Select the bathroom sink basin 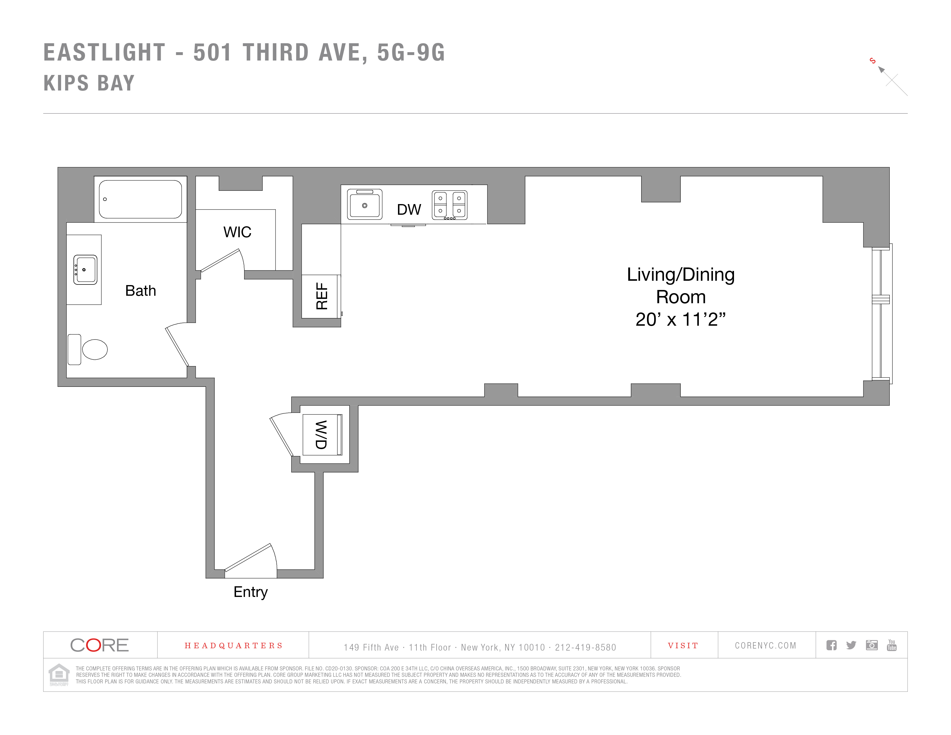pos(85,269)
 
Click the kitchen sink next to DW pos(365,204)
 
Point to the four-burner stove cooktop pos(449,205)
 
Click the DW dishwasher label pos(409,210)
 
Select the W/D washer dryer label pos(321,435)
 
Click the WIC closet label pos(237,232)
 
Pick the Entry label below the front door pos(250,592)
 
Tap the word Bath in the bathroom pos(140,291)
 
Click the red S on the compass pos(872,61)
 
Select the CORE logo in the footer pos(99,645)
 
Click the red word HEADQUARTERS pos(233,645)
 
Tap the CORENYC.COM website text pos(765,645)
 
